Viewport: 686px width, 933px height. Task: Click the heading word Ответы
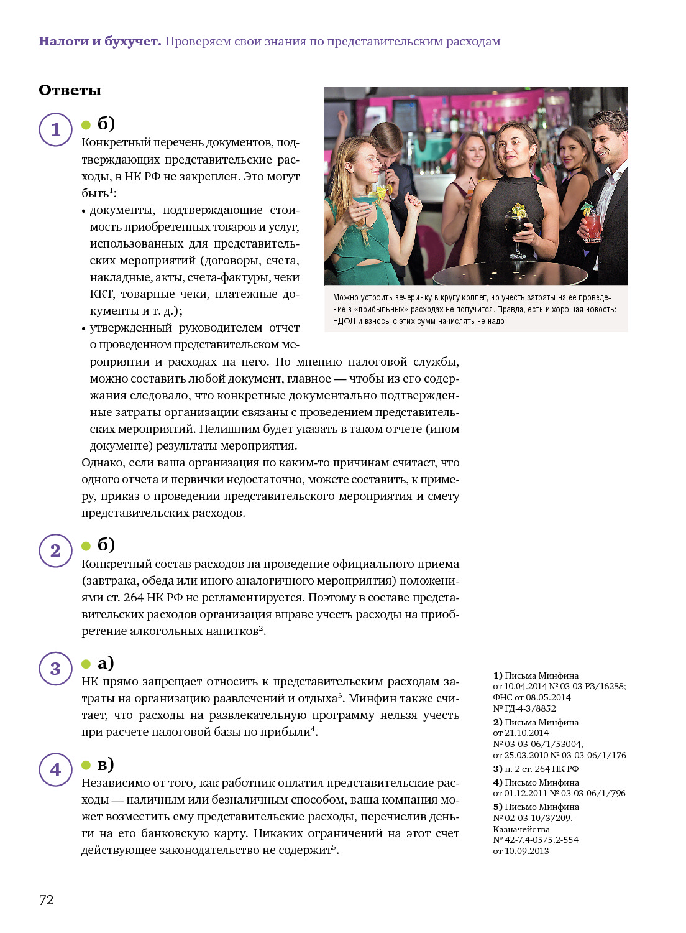[x=70, y=90]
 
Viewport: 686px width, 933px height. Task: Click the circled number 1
[x=56, y=129]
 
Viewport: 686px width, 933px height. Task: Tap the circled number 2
[x=56, y=550]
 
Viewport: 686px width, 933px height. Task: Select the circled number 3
[x=56, y=669]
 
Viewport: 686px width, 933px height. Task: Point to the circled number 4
[x=56, y=769]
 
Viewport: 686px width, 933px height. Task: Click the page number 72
[x=47, y=899]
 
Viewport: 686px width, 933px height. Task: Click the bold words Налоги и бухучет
[x=99, y=42]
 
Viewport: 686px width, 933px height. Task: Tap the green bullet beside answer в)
[x=86, y=765]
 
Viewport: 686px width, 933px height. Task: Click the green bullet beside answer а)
[x=86, y=664]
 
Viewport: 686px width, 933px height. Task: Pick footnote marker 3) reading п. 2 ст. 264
[x=498, y=769]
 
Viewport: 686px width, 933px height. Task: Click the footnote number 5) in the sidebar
[x=498, y=807]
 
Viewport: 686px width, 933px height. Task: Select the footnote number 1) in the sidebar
[x=498, y=675]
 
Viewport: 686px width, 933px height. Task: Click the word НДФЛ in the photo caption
[x=344, y=321]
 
